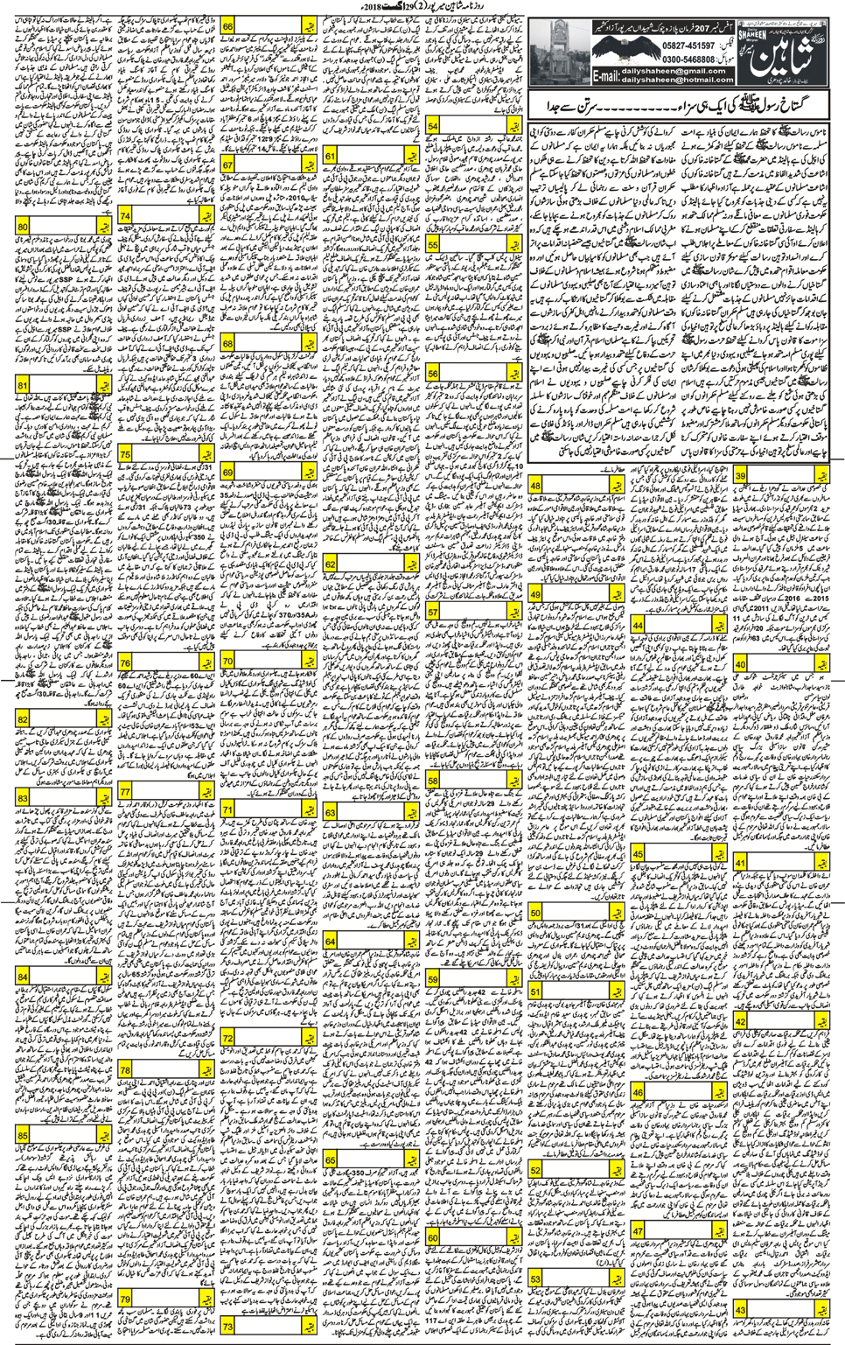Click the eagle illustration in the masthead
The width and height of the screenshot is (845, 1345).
point(629,47)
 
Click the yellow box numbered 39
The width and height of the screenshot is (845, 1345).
point(741,476)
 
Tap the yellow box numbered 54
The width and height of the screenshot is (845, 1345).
point(433,127)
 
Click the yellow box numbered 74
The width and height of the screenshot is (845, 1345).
point(126,215)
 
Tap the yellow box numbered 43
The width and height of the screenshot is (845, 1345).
point(741,1310)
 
